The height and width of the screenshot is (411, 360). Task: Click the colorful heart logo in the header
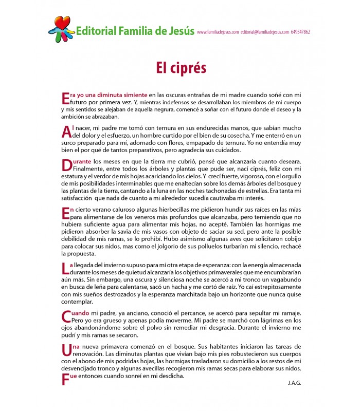(62, 29)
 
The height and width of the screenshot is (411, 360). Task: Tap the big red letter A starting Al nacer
(65, 132)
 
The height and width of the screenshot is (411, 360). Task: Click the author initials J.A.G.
(295, 383)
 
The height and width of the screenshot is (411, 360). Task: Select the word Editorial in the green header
(95, 31)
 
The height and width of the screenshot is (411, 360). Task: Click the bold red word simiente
(135, 95)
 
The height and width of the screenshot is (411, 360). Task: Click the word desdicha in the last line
(171, 376)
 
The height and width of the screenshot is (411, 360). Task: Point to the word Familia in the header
(135, 31)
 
